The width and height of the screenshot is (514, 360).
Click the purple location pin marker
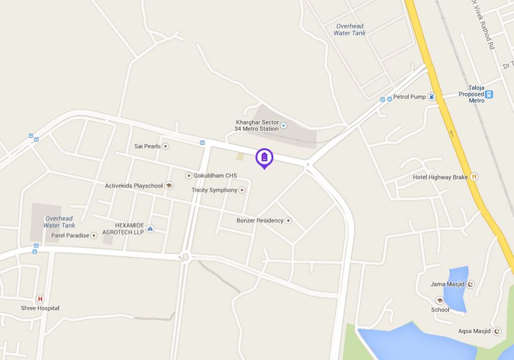pos(264,158)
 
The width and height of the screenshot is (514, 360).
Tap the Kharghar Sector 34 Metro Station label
pos(257,125)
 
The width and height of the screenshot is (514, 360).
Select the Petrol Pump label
pos(409,96)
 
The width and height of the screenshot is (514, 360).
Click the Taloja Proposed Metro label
pos(471,93)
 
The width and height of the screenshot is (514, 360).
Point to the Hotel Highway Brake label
pos(440,177)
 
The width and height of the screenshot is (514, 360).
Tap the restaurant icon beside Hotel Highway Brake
pos(474,177)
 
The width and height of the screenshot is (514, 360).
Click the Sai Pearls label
pos(147,146)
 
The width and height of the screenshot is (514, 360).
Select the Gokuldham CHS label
pos(215,176)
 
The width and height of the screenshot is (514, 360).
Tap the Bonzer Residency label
pos(260,220)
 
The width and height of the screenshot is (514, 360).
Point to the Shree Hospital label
pos(40,308)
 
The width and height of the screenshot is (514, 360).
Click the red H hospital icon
pos(40,299)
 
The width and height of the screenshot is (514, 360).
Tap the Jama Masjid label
pos(447,284)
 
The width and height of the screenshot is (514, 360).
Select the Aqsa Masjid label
pos(474,331)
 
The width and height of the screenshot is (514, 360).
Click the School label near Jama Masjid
pos(440,309)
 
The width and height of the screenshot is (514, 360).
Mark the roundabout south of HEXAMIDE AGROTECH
pos(185,257)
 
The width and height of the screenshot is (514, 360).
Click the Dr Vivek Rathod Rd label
pos(482,24)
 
